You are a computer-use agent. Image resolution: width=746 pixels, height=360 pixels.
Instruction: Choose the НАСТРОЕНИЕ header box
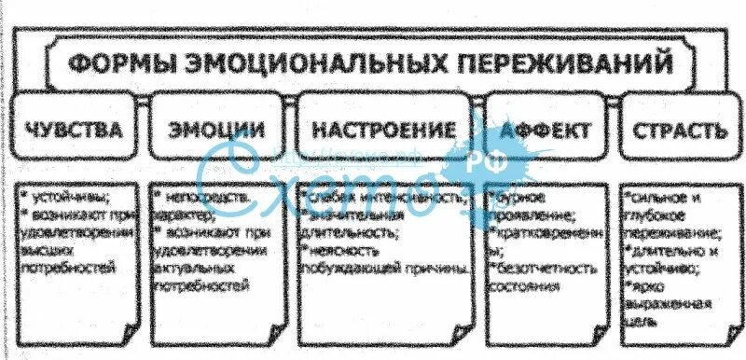384,130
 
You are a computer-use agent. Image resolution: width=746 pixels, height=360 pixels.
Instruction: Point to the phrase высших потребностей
75,259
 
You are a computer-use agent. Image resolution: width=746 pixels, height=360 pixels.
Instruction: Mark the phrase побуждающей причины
382,269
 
